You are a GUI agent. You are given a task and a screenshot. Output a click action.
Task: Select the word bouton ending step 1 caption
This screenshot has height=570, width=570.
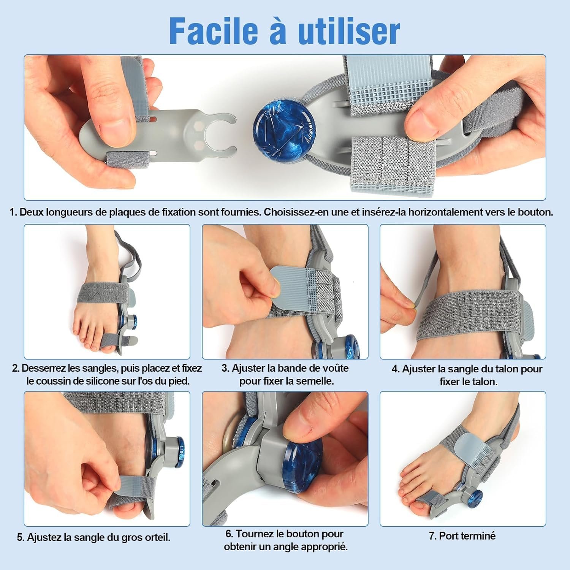(535, 212)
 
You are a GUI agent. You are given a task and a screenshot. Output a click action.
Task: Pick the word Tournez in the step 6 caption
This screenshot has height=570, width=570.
(254, 534)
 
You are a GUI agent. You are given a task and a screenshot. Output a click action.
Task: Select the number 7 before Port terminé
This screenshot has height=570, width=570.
(432, 536)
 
